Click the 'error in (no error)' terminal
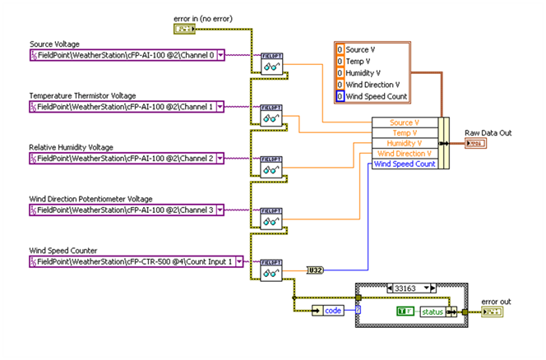(185, 29)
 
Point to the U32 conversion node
(314, 269)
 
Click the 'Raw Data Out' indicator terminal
(475, 144)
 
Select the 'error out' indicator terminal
(493, 312)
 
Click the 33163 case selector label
(409, 288)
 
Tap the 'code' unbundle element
(332, 310)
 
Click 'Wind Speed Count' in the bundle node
(405, 164)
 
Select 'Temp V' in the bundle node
(405, 132)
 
